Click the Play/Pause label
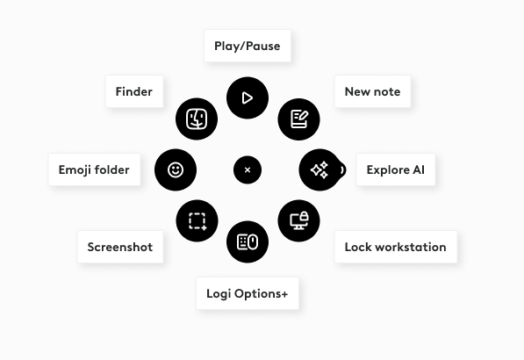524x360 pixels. [x=248, y=46]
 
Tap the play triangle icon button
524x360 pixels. [x=248, y=98]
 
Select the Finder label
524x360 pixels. [x=134, y=91]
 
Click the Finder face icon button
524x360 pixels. [x=197, y=119]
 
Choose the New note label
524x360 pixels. [x=372, y=91]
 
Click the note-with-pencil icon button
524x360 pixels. [x=298, y=119]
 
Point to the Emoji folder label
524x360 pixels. [x=94, y=169]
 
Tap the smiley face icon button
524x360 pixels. [x=176, y=169]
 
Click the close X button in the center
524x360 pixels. [x=248, y=169]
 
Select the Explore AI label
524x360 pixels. [x=396, y=169]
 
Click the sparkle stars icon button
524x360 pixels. [x=319, y=169]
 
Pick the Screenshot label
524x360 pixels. [x=120, y=247]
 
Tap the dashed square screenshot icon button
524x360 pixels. [x=197, y=220]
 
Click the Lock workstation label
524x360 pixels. [x=396, y=247]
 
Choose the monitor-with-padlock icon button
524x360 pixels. [x=298, y=220]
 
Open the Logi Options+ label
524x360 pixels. [x=248, y=293]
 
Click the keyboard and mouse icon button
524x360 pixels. [x=248, y=241]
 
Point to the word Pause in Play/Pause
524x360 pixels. [x=263, y=46]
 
